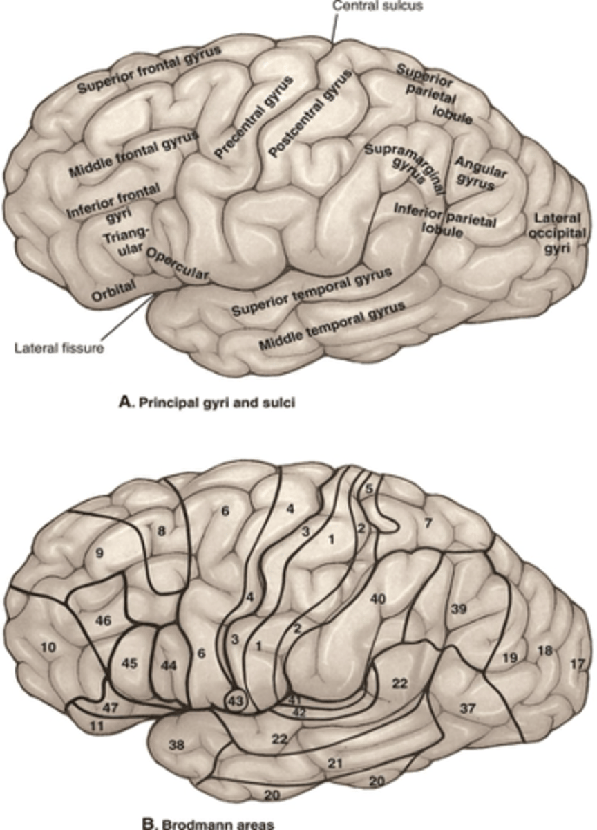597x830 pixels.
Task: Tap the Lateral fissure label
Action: tap(59, 347)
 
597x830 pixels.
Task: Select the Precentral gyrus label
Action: tap(253, 118)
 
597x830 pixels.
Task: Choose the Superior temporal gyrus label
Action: tap(311, 291)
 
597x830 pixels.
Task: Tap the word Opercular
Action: tap(177, 264)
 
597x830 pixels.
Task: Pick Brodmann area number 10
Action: tap(48, 647)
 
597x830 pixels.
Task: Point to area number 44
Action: tap(168, 665)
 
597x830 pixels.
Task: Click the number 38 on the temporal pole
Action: tap(176, 745)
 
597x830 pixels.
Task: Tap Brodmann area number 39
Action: tap(459, 609)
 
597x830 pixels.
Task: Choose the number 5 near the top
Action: tap(369, 488)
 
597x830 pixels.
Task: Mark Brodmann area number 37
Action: tap(468, 708)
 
